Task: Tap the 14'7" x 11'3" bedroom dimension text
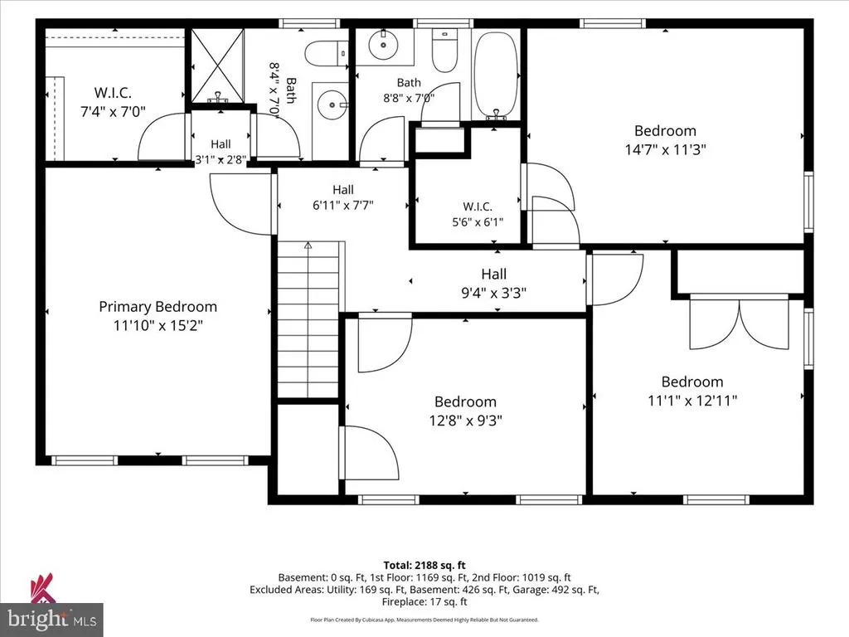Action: pyautogui.click(x=666, y=149)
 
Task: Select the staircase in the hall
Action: pyautogui.click(x=308, y=319)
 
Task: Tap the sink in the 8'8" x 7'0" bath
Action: pyautogui.click(x=384, y=46)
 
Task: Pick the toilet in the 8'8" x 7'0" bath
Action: pyautogui.click(x=444, y=51)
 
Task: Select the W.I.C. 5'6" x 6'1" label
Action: pyautogui.click(x=478, y=214)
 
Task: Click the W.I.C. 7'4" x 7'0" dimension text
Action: pyautogui.click(x=113, y=112)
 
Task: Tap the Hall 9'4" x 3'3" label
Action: pyautogui.click(x=494, y=284)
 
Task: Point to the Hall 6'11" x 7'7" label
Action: pyautogui.click(x=343, y=197)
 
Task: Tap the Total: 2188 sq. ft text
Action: pyautogui.click(x=424, y=566)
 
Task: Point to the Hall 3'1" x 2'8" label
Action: pyautogui.click(x=221, y=152)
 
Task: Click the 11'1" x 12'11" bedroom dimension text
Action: pyautogui.click(x=692, y=401)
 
